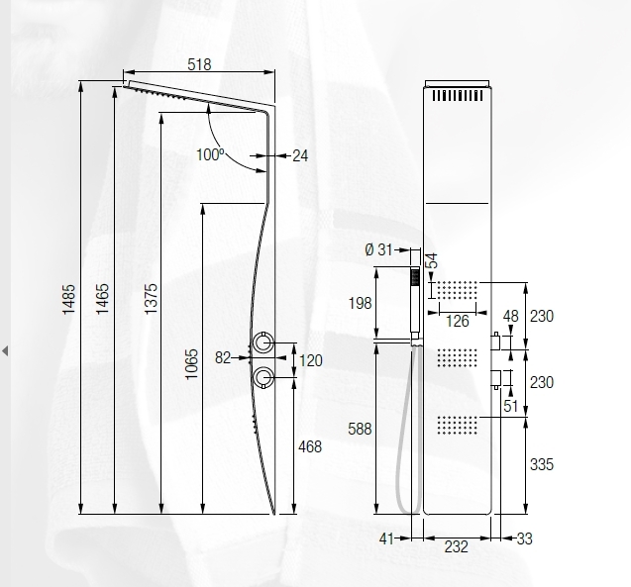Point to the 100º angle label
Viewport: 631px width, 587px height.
(209, 154)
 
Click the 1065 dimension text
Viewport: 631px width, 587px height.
(191, 363)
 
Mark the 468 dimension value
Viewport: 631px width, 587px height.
(311, 447)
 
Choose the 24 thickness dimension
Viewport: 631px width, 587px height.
(300, 155)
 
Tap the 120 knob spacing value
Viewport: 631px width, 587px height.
(311, 360)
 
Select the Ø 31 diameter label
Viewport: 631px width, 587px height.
(379, 249)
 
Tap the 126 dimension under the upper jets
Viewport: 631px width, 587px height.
(457, 320)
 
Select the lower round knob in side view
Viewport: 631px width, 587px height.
(263, 376)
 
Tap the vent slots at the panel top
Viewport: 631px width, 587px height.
(457, 96)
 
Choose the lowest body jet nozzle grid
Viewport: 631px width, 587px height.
(457, 423)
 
